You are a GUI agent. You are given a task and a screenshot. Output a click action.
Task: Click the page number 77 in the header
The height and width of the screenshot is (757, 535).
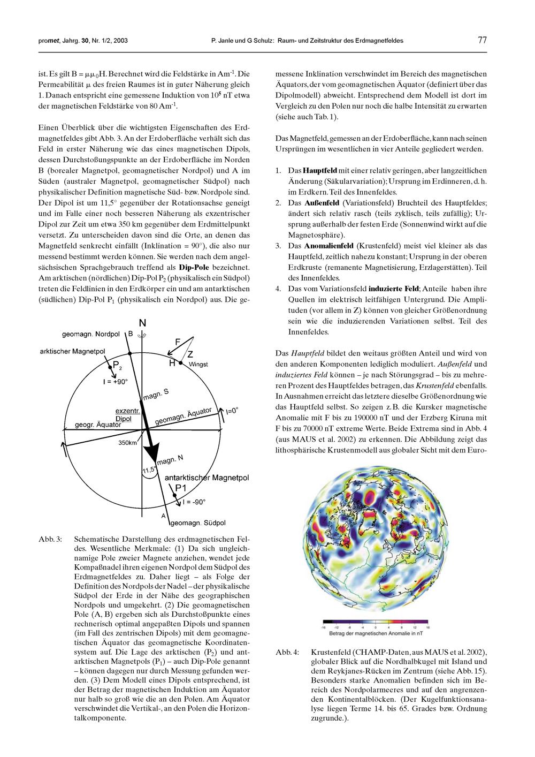(481, 40)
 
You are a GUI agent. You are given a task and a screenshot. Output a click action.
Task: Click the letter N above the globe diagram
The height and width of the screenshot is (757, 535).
(142, 323)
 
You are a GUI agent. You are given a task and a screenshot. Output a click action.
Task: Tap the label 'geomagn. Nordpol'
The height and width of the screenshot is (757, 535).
(91, 334)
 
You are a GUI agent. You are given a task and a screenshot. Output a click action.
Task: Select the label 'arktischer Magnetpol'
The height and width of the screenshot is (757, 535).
(72, 351)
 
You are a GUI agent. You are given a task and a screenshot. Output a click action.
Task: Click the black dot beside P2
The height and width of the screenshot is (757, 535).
(109, 364)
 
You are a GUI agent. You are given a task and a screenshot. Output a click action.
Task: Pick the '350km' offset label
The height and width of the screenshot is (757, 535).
(128, 443)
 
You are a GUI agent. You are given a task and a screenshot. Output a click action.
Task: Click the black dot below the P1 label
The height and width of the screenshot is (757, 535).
(175, 496)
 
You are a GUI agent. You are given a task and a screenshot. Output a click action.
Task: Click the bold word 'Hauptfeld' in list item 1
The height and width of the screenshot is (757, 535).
(320, 170)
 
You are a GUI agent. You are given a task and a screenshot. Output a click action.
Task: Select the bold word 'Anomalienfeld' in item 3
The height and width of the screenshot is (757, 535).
(328, 246)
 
